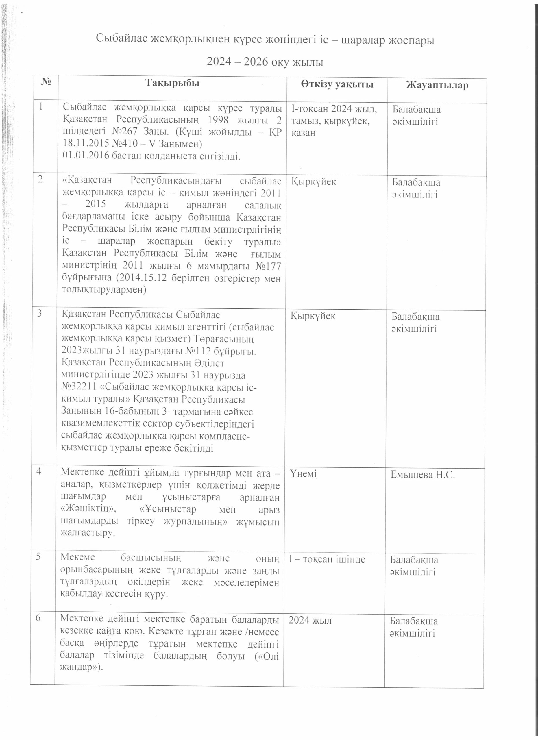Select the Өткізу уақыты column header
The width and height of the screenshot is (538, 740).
[x=337, y=84]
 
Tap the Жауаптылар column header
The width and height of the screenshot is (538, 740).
[x=437, y=85]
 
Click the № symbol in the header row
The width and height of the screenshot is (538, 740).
[x=46, y=81]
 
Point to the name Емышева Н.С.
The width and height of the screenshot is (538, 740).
[x=422, y=475]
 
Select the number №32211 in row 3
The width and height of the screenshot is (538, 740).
[x=79, y=387]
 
